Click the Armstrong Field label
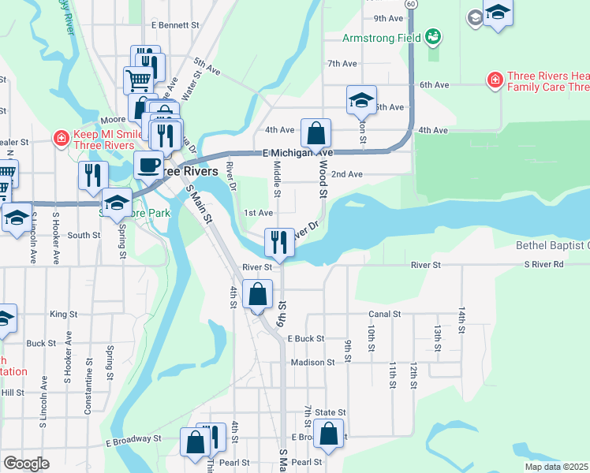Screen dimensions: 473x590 tap(380, 37)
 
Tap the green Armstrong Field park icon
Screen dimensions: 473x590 tap(432, 35)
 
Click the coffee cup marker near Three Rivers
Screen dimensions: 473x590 tap(147, 166)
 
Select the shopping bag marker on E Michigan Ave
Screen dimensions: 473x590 tap(316, 133)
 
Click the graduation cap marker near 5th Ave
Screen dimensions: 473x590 tap(360, 100)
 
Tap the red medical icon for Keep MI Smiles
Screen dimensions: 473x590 tap(61, 139)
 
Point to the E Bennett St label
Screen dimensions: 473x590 tap(177, 24)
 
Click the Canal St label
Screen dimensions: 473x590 tap(385, 314)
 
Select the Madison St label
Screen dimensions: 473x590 tap(308, 362)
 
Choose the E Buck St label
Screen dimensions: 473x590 tap(306, 338)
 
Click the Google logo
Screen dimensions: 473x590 tap(26, 464)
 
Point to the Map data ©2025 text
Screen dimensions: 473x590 tap(555, 467)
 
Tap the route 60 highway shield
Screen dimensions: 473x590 tap(411, 4)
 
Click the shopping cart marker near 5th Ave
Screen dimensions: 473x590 tap(137, 80)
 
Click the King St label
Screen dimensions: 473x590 tap(58, 314)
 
